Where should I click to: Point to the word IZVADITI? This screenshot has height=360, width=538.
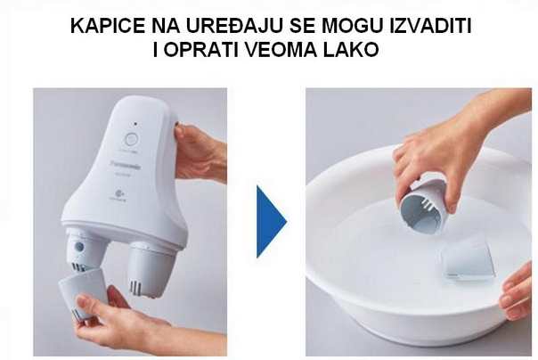pyautogui.click(x=424, y=28)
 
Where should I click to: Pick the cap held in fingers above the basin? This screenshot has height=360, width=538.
pyautogui.click(x=422, y=206)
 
